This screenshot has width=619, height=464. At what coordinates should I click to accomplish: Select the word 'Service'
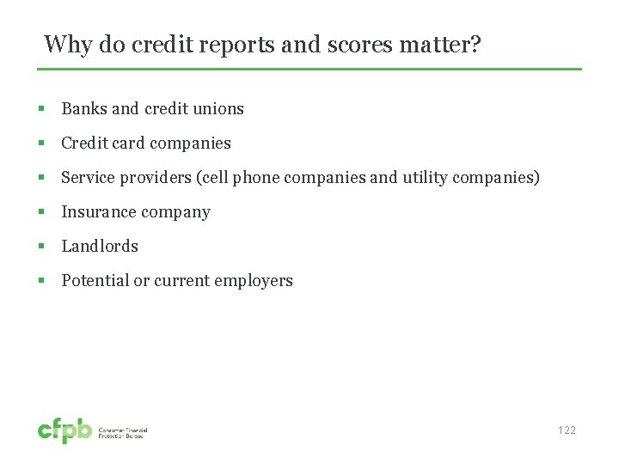point(89,178)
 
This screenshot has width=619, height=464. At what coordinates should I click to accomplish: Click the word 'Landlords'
point(100,247)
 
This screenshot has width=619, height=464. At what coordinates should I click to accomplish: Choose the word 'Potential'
point(95,281)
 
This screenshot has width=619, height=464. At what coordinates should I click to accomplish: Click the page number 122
point(566,430)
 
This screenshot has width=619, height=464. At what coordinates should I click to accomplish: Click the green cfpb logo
point(64,430)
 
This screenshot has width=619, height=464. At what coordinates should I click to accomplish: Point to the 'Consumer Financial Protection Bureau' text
point(124,433)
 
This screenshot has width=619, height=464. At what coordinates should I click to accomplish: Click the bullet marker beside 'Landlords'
point(40,247)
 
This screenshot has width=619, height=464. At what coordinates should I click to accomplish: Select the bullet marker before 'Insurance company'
point(40,212)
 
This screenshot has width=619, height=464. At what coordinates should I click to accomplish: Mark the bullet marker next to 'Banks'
point(40,109)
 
